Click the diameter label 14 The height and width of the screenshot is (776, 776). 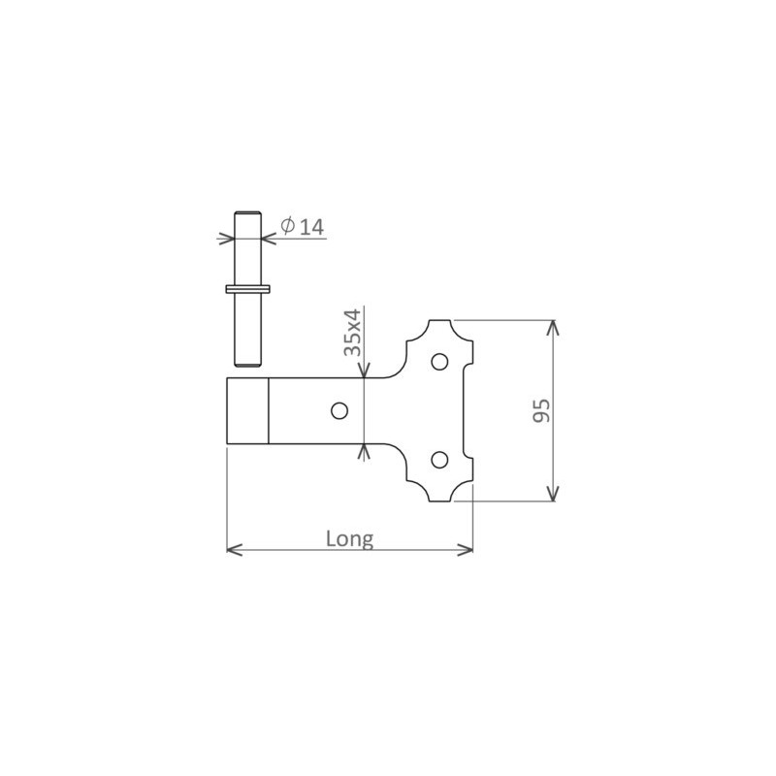pyautogui.click(x=312, y=227)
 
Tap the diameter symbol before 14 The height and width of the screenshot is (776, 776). pyautogui.click(x=287, y=226)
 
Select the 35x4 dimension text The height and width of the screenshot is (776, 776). pyautogui.click(x=352, y=332)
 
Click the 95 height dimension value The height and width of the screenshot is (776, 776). pyautogui.click(x=541, y=410)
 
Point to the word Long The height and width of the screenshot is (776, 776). pyautogui.click(x=349, y=539)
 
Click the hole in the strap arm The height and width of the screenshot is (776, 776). pyautogui.click(x=339, y=410)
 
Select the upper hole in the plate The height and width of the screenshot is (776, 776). pyautogui.click(x=439, y=362)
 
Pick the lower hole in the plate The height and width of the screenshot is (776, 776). pyautogui.click(x=439, y=460)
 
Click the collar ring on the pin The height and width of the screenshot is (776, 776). pyautogui.click(x=247, y=288)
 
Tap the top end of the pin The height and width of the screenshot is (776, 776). pyautogui.click(x=247, y=212)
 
